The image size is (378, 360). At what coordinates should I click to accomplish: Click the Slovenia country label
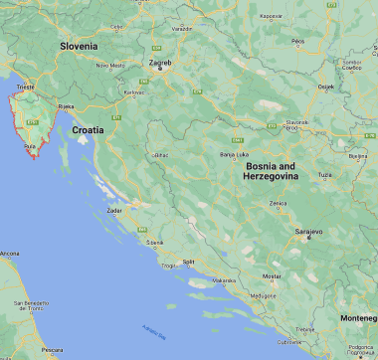pyautogui.click(x=79, y=46)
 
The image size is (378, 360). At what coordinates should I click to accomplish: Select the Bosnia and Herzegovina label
pyautogui.click(x=270, y=170)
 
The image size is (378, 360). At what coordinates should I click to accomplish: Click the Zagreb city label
pyautogui.click(x=160, y=64)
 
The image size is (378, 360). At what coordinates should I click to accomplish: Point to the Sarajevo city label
pyautogui.click(x=308, y=232)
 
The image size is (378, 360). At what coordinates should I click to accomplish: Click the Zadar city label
pyautogui.click(x=115, y=211)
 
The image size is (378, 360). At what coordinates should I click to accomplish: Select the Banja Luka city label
pyautogui.click(x=234, y=155)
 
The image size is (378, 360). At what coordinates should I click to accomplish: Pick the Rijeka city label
pyautogui.click(x=67, y=105)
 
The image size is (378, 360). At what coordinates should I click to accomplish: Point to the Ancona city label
pyautogui.click(x=9, y=255)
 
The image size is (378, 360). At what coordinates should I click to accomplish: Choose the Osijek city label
pyautogui.click(x=324, y=87)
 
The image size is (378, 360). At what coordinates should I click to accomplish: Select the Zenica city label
pyautogui.click(x=279, y=202)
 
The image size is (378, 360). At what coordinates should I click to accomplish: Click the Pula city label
pyautogui.click(x=30, y=146)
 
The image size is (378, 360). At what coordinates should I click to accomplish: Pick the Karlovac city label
pyautogui.click(x=133, y=92)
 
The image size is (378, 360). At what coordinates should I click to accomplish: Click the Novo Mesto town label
pyautogui.click(x=108, y=66)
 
